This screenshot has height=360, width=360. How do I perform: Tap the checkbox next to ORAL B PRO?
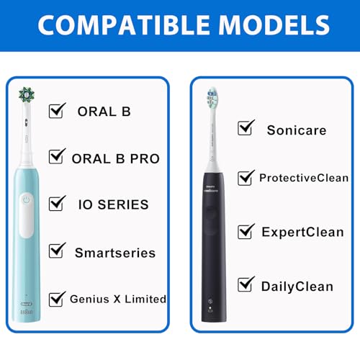57,156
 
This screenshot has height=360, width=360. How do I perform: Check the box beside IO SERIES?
57,204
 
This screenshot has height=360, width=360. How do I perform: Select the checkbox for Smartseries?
57,251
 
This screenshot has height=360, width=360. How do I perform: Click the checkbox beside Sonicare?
247,129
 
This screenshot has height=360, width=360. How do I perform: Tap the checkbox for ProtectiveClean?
247,177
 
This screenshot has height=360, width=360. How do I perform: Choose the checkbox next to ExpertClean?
247,231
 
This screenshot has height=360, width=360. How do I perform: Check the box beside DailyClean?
247,284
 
